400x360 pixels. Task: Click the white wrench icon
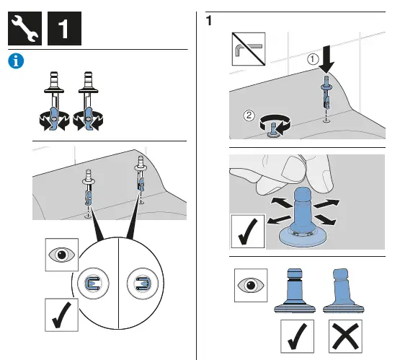(x=25, y=28)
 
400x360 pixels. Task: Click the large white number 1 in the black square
(x=63, y=29)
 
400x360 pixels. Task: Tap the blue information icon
(x=16, y=61)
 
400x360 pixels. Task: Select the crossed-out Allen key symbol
(x=249, y=49)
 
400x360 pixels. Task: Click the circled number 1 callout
(x=313, y=59)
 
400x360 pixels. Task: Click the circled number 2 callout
(x=249, y=115)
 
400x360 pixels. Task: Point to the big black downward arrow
(x=326, y=59)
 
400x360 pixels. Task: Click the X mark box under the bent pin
(x=345, y=336)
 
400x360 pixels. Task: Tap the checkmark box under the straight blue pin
(x=297, y=336)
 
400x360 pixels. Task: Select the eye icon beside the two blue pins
(x=251, y=285)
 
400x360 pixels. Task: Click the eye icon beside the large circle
(x=62, y=255)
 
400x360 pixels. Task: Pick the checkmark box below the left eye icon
(x=61, y=315)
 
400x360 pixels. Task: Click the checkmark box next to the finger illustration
(x=247, y=232)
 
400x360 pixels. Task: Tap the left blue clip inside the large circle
(x=93, y=284)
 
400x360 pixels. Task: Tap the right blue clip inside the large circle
(x=143, y=284)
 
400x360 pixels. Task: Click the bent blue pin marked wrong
(x=343, y=291)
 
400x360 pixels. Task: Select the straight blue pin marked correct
(x=295, y=291)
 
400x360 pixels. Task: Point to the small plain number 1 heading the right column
(x=209, y=21)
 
